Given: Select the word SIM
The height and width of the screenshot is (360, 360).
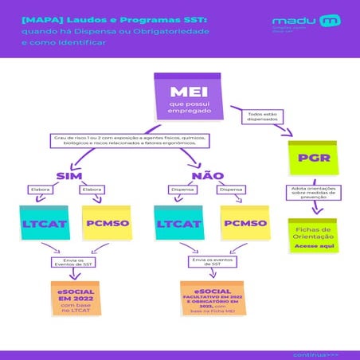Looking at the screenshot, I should point(69,175).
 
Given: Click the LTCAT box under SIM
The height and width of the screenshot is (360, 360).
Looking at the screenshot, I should point(42,224).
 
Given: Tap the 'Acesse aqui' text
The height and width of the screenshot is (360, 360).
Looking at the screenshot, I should point(310,247).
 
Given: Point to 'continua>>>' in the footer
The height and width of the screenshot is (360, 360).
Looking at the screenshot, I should point(315,353).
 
